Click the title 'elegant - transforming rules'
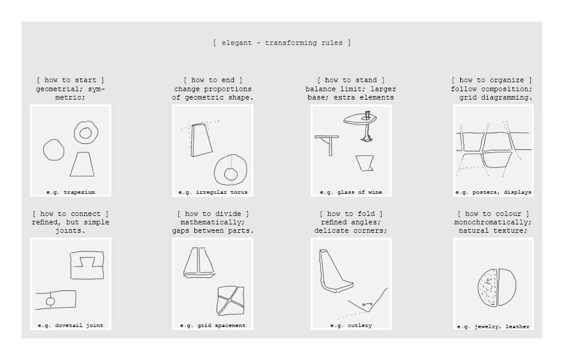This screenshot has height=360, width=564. (x=282, y=43)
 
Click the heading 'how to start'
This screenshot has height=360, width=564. (x=71, y=80)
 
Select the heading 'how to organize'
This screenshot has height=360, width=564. (x=492, y=80)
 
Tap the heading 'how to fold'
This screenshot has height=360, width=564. (x=351, y=214)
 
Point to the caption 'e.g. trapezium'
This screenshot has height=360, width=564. (x=71, y=192)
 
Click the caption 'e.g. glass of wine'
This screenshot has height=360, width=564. (x=351, y=192)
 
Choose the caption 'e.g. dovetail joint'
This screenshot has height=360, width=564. (x=71, y=325)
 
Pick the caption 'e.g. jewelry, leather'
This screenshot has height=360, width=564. (x=493, y=326)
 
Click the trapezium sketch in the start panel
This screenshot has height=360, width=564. (x=82, y=164)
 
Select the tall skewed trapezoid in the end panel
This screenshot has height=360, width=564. (x=201, y=140)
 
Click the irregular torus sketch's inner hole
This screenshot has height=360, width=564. (x=230, y=175)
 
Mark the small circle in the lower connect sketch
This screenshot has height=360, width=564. (x=50, y=301)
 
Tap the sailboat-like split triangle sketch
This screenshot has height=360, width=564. (x=199, y=263)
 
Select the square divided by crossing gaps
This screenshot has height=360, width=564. (x=230, y=300)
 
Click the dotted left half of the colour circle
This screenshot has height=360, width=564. (x=488, y=288)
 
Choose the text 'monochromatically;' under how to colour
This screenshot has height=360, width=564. (x=493, y=222)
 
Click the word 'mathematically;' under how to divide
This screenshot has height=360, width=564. (x=212, y=222)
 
